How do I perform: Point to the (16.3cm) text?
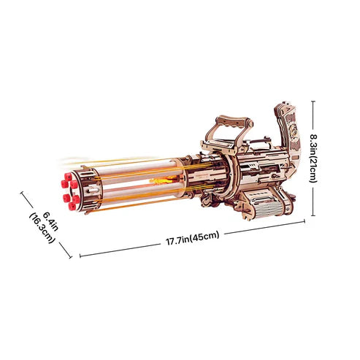coord(37,229)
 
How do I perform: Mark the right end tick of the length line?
coord(304,223)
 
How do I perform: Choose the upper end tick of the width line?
coord(23,194)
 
